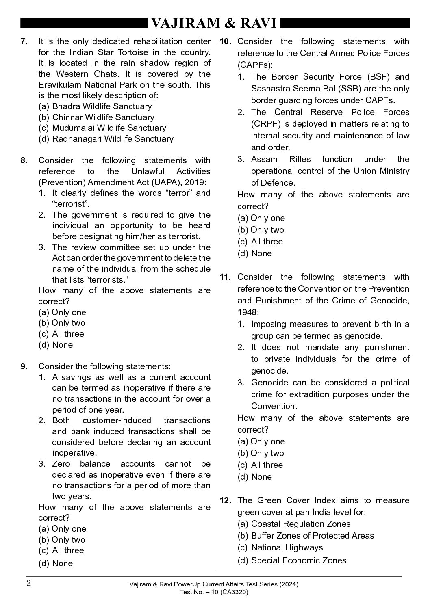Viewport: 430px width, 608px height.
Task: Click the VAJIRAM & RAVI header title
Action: [x=214, y=24]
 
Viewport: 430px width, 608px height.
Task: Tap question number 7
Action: [x=24, y=41]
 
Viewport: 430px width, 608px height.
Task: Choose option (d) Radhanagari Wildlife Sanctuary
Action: [x=106, y=139]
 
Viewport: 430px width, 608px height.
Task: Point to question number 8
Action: [x=24, y=160]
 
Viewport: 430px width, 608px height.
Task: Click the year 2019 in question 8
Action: [x=200, y=182]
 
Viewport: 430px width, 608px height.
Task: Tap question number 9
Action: [x=24, y=366]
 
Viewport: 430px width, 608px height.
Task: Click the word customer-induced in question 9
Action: [x=117, y=420]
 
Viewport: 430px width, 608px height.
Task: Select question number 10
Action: [x=225, y=41]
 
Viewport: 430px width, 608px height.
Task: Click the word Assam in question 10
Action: [x=264, y=159]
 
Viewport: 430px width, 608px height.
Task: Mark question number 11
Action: [x=225, y=277]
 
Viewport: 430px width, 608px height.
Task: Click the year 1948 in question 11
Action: [x=247, y=312]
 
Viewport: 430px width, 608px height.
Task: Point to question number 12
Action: [x=225, y=500]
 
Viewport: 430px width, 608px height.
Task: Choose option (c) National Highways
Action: [x=280, y=547]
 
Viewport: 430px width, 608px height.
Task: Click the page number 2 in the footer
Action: [x=28, y=584]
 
